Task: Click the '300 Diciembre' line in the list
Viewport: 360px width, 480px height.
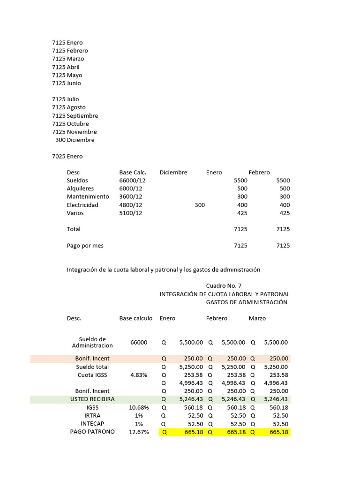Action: [x=75, y=140]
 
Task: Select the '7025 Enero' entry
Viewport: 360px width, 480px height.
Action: [x=67, y=156]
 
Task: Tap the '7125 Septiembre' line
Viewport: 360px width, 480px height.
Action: [x=75, y=116]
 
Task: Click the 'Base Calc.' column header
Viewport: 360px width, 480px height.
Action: [x=133, y=172]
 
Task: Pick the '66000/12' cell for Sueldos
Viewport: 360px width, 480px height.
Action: [x=131, y=180]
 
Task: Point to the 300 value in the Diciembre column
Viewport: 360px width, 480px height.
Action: [x=200, y=205]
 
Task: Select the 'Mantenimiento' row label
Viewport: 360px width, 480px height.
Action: [x=88, y=196]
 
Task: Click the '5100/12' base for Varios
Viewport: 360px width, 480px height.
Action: [x=131, y=213]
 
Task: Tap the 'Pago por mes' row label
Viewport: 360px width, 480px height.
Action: [x=85, y=245]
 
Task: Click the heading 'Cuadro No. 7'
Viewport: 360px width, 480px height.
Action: [x=224, y=286]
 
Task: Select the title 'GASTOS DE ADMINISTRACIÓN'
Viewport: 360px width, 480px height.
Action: [x=247, y=302]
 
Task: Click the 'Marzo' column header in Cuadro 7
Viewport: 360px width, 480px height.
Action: [x=257, y=318]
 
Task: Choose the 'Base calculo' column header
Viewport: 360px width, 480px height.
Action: [x=136, y=318]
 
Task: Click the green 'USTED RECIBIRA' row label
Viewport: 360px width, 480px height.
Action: [x=92, y=399]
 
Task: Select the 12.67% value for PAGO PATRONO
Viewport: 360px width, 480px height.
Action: [x=139, y=432]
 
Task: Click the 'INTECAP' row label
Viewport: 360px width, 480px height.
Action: [x=92, y=424]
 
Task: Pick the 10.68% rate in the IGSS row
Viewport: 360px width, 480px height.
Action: [x=139, y=408]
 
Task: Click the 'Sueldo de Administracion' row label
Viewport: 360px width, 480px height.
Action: [x=92, y=342]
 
